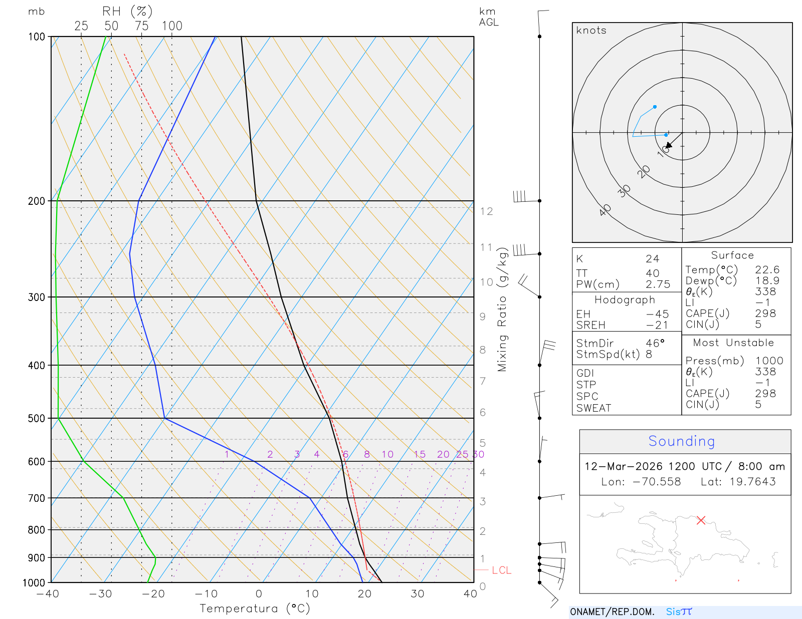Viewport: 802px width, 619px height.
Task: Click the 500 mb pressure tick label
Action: (x=36, y=418)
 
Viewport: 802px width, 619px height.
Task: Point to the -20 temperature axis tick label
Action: (x=153, y=594)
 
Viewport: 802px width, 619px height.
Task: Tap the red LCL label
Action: (x=501, y=570)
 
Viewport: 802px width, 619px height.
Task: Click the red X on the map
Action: (x=701, y=520)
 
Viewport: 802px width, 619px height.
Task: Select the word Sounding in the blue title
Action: (x=681, y=441)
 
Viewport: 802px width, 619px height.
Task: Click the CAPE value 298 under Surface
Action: (x=765, y=314)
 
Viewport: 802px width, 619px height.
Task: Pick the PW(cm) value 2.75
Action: (x=658, y=284)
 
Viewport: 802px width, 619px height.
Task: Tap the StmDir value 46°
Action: (x=655, y=343)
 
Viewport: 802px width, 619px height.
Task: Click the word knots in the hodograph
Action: (x=591, y=31)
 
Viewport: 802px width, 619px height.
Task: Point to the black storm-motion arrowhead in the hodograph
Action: (x=669, y=145)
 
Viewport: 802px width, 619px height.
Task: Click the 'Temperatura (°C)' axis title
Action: (x=255, y=608)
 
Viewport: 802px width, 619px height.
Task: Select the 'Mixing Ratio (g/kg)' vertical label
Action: (x=502, y=309)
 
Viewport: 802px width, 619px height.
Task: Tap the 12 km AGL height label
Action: (x=486, y=211)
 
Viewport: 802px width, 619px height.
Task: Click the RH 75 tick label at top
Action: (x=142, y=26)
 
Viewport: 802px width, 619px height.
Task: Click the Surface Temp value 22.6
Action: (x=767, y=270)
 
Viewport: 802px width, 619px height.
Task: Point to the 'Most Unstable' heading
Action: (x=733, y=343)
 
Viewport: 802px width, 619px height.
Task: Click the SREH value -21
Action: (x=657, y=325)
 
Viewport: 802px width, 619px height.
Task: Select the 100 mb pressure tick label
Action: (x=36, y=37)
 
